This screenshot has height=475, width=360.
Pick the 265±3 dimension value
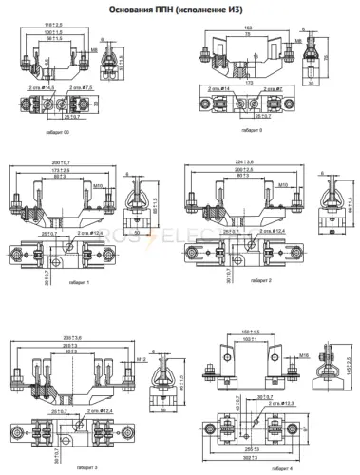250,447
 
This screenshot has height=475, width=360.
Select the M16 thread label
302,351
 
